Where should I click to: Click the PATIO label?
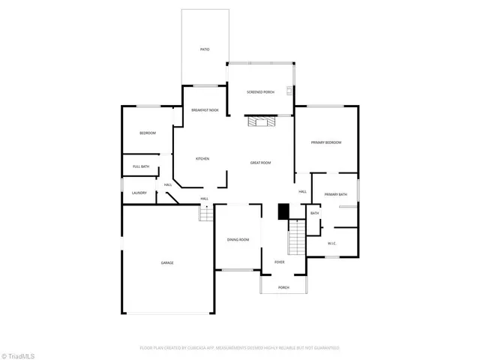[x=204, y=49]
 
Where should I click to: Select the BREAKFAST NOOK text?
[x=205, y=110]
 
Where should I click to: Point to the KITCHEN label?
[x=202, y=158]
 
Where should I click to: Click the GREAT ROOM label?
[x=260, y=163]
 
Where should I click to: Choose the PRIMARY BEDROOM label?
[x=326, y=142]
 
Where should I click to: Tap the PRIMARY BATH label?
[x=335, y=195]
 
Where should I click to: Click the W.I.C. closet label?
[x=332, y=243]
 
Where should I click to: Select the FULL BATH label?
[x=140, y=166]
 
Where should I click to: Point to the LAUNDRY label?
[x=139, y=193]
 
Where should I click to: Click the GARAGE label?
[x=167, y=262]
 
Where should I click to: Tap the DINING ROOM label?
[x=238, y=239]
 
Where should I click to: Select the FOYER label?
[x=279, y=262]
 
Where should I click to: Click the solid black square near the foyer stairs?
[x=283, y=212]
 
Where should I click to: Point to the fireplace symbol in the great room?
[x=262, y=121]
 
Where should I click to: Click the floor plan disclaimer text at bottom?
[x=239, y=348]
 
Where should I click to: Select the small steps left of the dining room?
[x=206, y=214]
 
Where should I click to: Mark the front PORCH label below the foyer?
[x=283, y=287]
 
